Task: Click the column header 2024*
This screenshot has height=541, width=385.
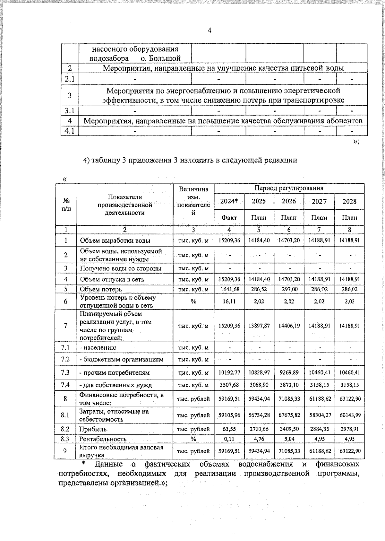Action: [x=229, y=201]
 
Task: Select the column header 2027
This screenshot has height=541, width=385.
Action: [x=319, y=201]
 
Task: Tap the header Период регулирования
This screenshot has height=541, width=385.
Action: [x=289, y=188]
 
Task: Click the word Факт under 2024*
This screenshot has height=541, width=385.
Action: [x=229, y=218]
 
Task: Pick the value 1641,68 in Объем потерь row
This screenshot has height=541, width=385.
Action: [x=229, y=289]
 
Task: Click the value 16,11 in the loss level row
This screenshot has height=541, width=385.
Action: [x=229, y=301]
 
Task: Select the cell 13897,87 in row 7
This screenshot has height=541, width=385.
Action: [x=259, y=326]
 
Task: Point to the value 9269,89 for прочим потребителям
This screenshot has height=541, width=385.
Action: [x=289, y=373]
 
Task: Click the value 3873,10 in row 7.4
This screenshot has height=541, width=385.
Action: [x=289, y=385]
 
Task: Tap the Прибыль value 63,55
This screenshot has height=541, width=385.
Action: [x=229, y=429]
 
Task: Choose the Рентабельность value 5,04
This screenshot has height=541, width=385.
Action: [x=289, y=439]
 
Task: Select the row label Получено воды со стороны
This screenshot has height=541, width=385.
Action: [x=120, y=268]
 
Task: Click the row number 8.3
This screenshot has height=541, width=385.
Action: [x=65, y=439]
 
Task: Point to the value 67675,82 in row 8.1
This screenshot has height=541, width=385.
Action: [x=289, y=415]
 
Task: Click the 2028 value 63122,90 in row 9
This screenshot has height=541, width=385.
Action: [x=350, y=451]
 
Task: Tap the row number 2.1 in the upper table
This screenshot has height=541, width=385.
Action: [x=70, y=79]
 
